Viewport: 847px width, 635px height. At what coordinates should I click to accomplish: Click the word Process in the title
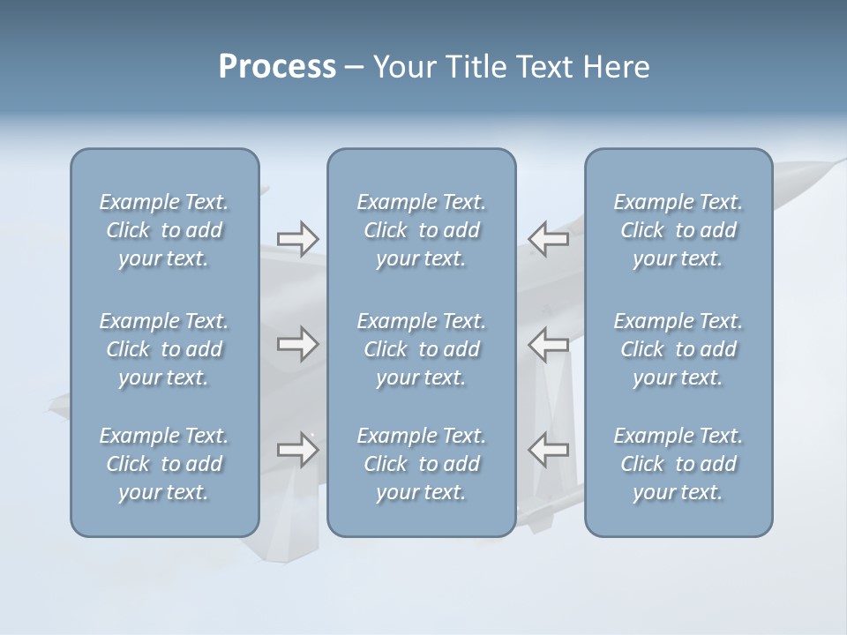click(x=277, y=67)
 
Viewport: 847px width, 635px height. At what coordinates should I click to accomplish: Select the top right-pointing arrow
click(x=298, y=239)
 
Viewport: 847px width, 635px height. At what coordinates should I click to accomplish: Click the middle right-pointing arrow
click(x=298, y=344)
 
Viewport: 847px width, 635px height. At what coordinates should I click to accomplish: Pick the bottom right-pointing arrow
click(x=298, y=450)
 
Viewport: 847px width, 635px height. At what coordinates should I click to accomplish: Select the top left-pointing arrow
click(x=549, y=239)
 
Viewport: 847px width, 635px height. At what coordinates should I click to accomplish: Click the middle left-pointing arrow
click(x=549, y=344)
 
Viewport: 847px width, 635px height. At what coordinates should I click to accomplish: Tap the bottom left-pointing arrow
click(x=549, y=450)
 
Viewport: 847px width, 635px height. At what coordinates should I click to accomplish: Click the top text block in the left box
click(x=164, y=230)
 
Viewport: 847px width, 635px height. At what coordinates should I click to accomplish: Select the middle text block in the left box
click(x=164, y=349)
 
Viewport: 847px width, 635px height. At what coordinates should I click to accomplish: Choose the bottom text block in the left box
click(x=164, y=464)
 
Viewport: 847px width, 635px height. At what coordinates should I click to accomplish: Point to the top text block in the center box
click(x=422, y=230)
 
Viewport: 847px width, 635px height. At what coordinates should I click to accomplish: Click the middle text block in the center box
click(x=422, y=349)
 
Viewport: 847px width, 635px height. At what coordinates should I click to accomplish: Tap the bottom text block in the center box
click(x=422, y=464)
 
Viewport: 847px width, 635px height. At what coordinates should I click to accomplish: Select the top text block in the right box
click(x=678, y=230)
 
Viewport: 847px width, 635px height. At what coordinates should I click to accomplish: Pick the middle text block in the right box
click(x=678, y=349)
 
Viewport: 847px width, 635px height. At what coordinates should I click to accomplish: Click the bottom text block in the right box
click(x=678, y=464)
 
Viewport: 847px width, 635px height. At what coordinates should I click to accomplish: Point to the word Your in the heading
click(x=401, y=67)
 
